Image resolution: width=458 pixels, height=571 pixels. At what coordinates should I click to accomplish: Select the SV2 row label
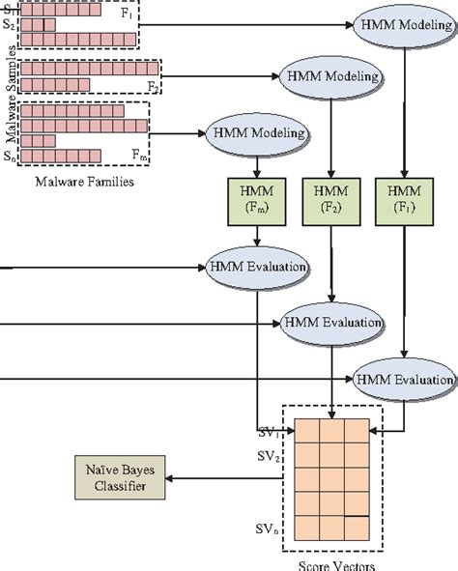[x=267, y=454]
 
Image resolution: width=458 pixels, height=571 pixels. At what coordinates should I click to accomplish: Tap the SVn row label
[x=267, y=529]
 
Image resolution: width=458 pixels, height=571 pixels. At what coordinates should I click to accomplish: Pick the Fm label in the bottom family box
[x=136, y=155]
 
